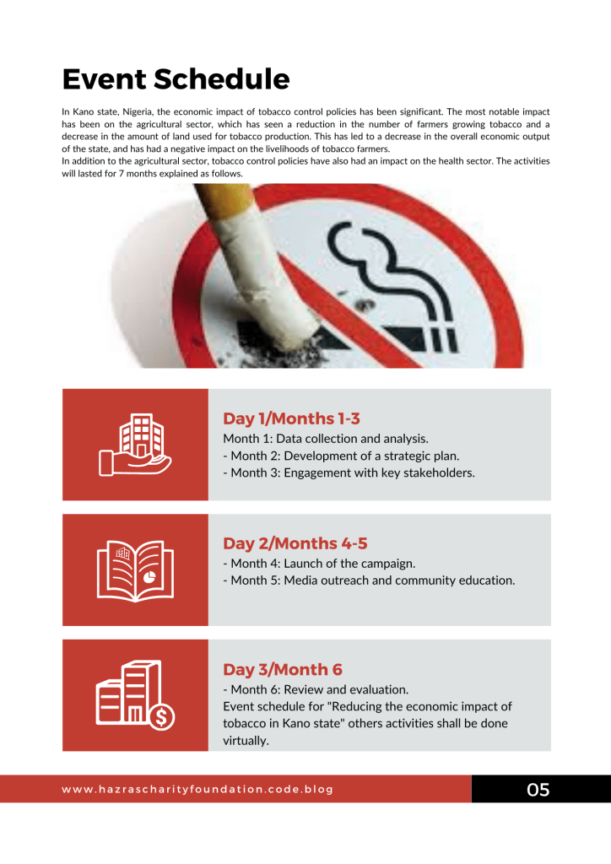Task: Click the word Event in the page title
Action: [x=103, y=79]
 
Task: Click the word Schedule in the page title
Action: [x=221, y=79]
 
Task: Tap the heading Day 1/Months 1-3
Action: [x=292, y=418]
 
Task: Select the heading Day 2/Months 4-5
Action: [x=295, y=543]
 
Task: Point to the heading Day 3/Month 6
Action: [x=283, y=669]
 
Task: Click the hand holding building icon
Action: [x=135, y=445]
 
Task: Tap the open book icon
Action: [x=135, y=570]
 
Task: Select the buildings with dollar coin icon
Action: [x=135, y=694]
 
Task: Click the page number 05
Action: [x=538, y=790]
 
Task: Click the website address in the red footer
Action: [x=197, y=790]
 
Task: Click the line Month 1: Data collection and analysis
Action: [x=326, y=439]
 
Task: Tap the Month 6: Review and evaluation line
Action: [x=316, y=689]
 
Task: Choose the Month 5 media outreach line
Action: [x=369, y=580]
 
